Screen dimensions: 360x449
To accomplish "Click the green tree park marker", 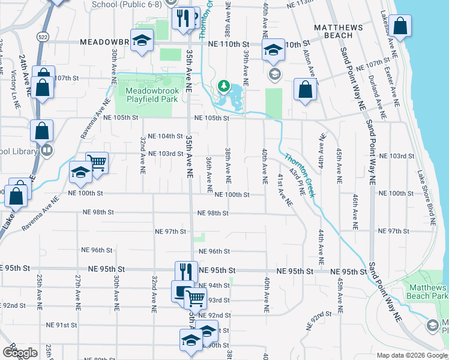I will coord(224,86).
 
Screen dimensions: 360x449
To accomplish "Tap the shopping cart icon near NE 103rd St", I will coord(97,161).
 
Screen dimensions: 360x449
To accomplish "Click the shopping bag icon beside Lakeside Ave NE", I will coord(399,26).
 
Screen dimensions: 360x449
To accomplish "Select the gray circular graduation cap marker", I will coord(275,75).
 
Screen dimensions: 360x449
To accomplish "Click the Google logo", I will coord(20,353).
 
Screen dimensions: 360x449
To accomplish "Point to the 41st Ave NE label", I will coord(284,191).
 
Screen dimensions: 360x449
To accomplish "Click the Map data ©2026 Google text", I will coord(411,355).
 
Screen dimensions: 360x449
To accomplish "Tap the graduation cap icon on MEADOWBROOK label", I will coord(142,41).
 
